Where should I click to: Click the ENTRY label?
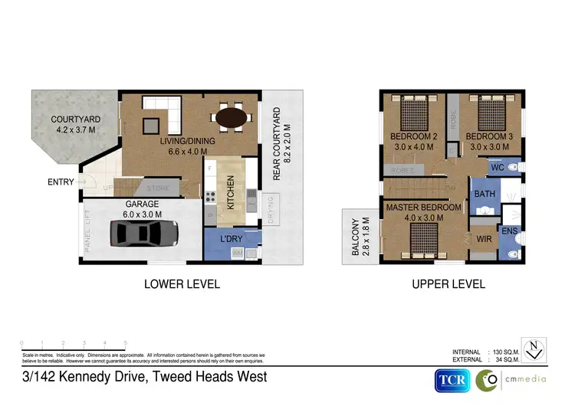(x=61, y=182)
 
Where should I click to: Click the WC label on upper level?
(x=496, y=167)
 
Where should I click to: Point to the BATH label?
(x=485, y=195)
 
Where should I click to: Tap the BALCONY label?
(x=355, y=237)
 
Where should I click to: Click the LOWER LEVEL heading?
(x=182, y=284)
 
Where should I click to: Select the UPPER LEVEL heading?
(x=449, y=284)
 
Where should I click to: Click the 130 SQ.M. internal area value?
(x=506, y=352)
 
